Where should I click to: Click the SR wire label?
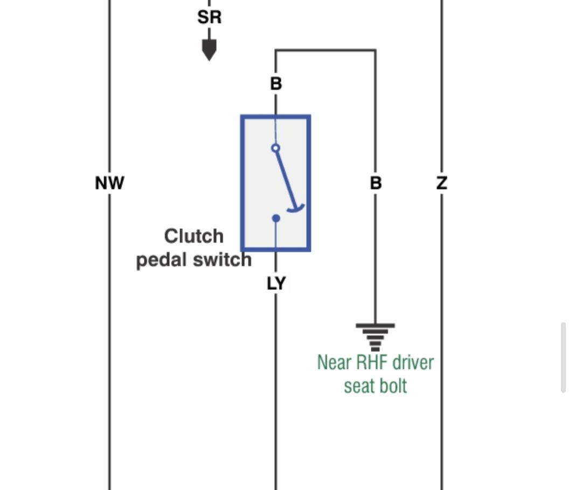(x=209, y=17)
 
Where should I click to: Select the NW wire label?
(x=109, y=183)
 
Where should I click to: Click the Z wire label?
(x=442, y=183)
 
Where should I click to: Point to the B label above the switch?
(x=276, y=84)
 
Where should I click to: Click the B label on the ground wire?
(x=376, y=183)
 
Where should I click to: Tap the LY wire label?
(x=276, y=284)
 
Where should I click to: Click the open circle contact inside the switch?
(x=275, y=148)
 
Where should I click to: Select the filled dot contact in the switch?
(x=276, y=218)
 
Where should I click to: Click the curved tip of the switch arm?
(x=296, y=209)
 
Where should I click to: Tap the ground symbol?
(x=375, y=337)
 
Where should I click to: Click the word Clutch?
(x=194, y=236)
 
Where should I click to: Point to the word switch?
(x=223, y=259)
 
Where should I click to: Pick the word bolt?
(x=393, y=385)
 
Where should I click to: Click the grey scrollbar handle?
(x=564, y=357)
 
